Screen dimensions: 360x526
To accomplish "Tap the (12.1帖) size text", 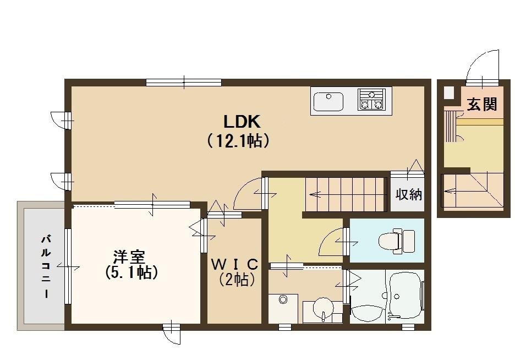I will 238,141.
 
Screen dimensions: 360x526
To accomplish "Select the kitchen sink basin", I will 328,101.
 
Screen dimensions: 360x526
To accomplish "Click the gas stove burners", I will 371,99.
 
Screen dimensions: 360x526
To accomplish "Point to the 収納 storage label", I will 408,194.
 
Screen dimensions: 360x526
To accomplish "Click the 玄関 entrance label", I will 482,105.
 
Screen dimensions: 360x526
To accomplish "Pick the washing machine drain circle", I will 283,300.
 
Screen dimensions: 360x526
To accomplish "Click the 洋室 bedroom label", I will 129,257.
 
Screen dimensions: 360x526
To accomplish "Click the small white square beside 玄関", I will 449,92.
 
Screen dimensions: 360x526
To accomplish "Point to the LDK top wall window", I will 184,83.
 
